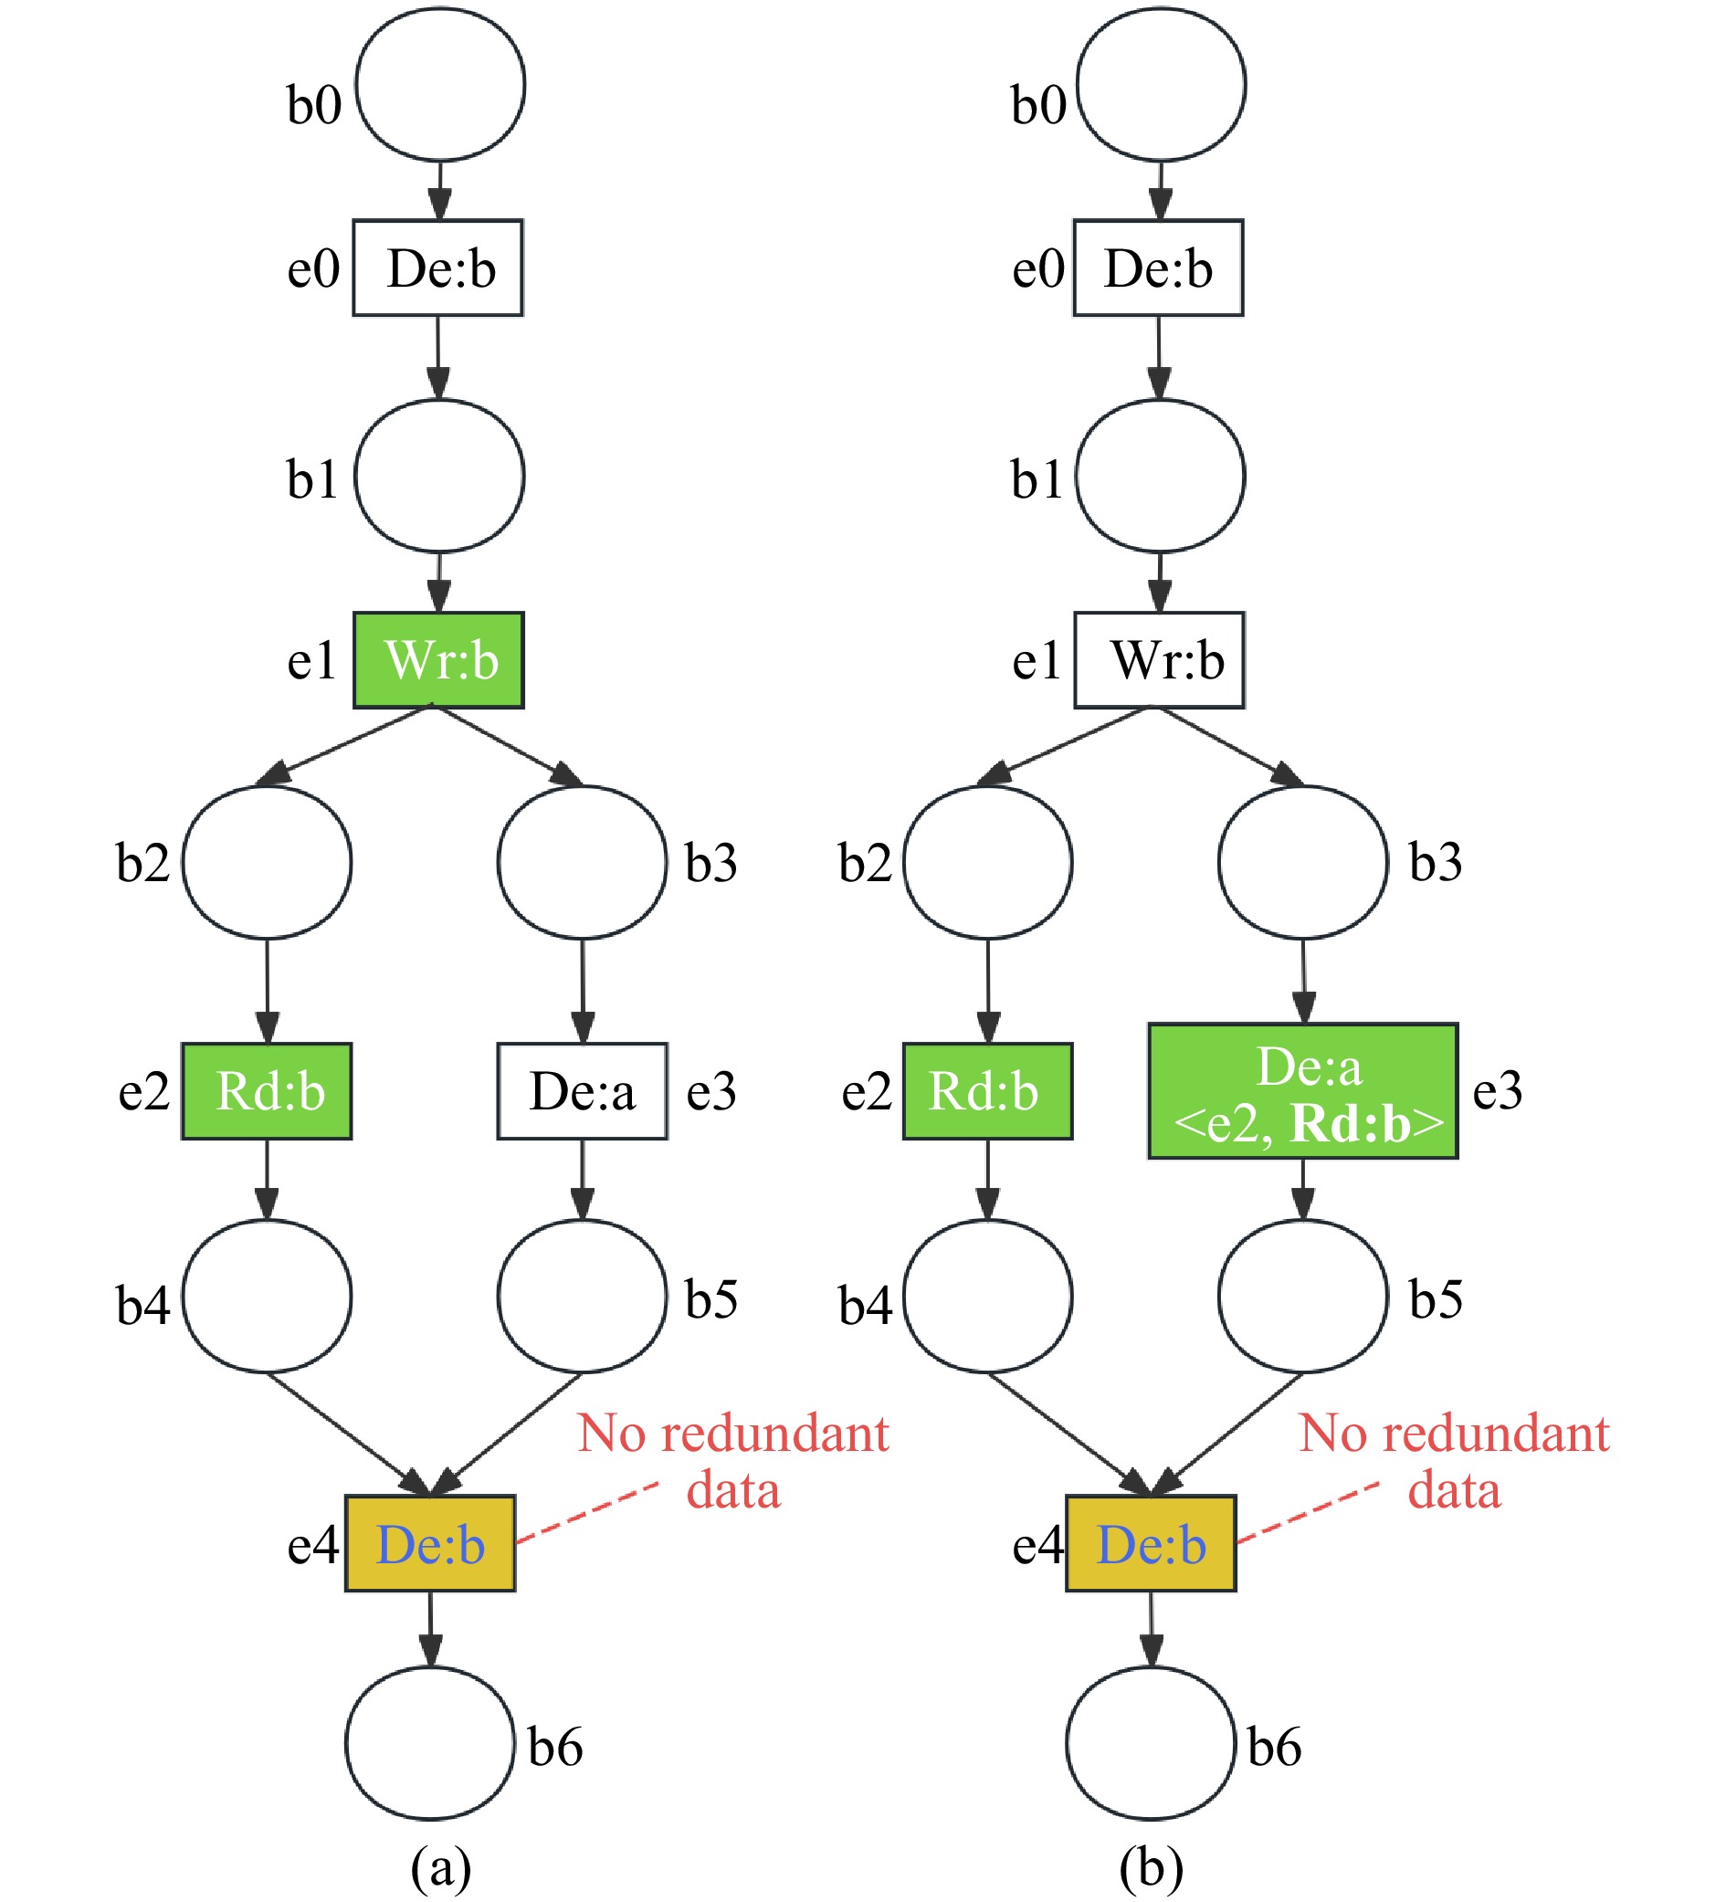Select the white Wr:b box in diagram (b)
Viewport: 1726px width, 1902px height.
coord(1159,659)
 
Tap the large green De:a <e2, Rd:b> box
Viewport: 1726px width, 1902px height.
coord(1302,1090)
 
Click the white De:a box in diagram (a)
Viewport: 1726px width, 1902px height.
coord(583,1090)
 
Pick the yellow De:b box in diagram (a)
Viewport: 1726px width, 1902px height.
coord(430,1543)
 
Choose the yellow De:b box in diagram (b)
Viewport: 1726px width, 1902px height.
coord(1151,1543)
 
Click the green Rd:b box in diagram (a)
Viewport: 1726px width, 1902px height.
coord(267,1090)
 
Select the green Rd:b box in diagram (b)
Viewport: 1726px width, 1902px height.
coord(987,1090)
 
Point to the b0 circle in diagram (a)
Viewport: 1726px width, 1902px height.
coord(440,85)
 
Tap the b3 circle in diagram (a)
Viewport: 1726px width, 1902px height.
coord(583,861)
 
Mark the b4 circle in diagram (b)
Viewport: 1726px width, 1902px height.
coord(987,1296)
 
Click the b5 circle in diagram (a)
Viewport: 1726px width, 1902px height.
coord(583,1296)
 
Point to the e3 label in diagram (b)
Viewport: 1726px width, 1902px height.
coord(1497,1090)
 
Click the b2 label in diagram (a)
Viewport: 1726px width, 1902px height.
coord(142,862)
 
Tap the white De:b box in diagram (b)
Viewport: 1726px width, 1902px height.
coord(1158,268)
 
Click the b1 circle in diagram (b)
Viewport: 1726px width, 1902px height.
coord(1160,476)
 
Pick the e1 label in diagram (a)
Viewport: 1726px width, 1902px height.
coord(311,659)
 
